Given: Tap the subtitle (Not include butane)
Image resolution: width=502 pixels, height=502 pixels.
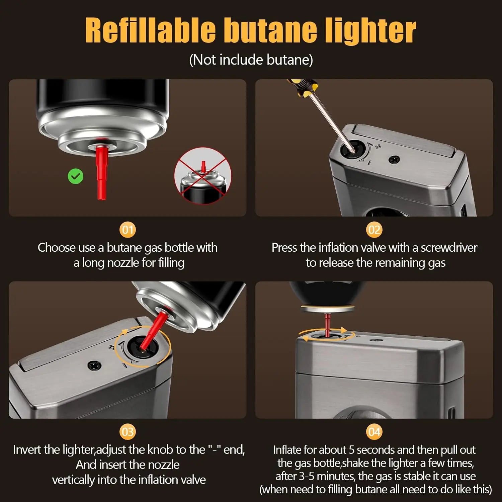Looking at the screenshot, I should tap(251, 60).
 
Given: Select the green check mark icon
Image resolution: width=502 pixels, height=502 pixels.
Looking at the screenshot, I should tap(76, 176).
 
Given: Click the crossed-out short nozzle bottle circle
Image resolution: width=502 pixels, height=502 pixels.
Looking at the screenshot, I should tap(203, 176).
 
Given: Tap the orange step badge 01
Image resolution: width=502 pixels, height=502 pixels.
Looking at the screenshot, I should tap(128, 230).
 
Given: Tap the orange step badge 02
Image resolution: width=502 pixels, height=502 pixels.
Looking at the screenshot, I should tap(374, 230).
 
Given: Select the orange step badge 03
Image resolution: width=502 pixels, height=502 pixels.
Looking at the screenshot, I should tap(128, 432).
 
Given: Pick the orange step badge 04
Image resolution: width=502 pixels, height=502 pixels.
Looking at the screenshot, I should tap(374, 432).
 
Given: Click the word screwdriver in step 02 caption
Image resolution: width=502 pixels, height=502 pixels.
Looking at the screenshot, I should tap(449, 248).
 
